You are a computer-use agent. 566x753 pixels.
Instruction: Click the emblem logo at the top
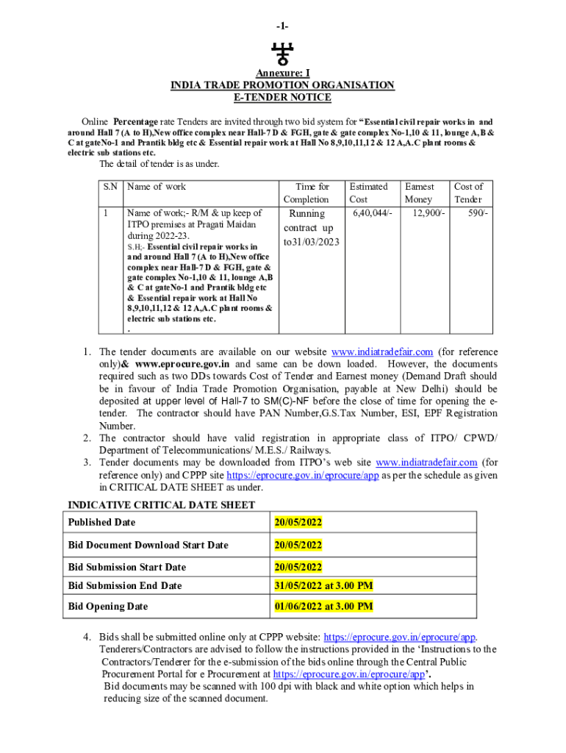coord(282,54)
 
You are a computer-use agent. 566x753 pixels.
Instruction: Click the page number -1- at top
coord(282,26)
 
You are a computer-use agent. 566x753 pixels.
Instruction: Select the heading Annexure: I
coord(282,74)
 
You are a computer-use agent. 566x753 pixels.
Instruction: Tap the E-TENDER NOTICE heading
coord(282,97)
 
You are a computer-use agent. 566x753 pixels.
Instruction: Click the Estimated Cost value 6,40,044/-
coord(373,213)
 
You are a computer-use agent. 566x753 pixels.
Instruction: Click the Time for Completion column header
coord(312,193)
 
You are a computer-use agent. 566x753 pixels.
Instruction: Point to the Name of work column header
coord(157,187)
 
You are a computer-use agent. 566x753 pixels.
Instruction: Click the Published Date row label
coord(101,522)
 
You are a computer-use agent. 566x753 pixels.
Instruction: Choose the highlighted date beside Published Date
coord(298,522)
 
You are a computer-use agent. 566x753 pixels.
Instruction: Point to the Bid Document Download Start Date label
coord(148,545)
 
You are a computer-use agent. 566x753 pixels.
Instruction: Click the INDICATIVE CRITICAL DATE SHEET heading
coord(162,504)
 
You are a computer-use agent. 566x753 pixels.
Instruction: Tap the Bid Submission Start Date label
coord(127,567)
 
